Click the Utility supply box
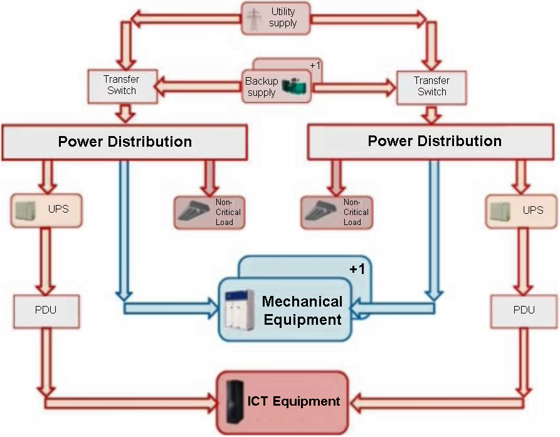pos(275,18)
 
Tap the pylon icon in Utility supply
pos(254,19)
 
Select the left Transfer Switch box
pos(122,86)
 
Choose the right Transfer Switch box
pos(431,88)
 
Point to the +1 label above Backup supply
pos(315,66)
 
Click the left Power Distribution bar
pos(125,142)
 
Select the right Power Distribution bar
pos(431,142)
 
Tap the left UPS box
pos(46,210)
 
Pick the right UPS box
pos(521,211)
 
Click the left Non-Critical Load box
pos(209,213)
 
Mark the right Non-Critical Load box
pos(337,213)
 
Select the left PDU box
pos(46,311)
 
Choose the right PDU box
pos(524,311)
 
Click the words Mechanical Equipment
pos(302,310)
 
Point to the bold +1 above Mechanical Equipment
pos(357,269)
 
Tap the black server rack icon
pos(235,402)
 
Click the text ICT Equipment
pos(293,401)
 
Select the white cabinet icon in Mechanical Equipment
pos(240,310)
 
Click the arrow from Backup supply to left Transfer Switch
pos(198,87)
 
